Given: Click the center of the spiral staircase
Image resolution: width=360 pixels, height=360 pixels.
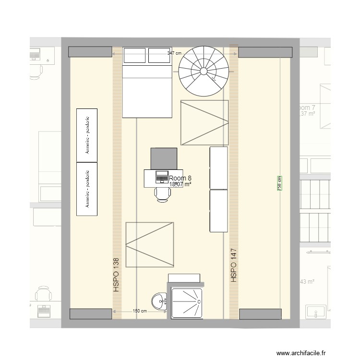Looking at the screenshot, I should coord(204,72).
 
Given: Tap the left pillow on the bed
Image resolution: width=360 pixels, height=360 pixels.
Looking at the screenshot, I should coord(135,56).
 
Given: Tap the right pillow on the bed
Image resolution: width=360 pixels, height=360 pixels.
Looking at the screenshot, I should coord(159,56).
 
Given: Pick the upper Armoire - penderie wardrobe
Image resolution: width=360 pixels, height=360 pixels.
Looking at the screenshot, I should coord(87,134).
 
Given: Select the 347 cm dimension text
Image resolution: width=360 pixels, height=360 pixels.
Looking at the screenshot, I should coord(174,54).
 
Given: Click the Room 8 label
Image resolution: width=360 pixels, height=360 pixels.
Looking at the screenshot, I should coord(180,177).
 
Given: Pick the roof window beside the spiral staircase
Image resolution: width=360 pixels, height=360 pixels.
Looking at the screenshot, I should coord(204,122).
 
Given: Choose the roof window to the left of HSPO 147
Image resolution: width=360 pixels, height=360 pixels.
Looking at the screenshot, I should coord(150,244).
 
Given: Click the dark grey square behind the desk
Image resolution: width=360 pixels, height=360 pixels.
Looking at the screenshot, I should coord(164,159).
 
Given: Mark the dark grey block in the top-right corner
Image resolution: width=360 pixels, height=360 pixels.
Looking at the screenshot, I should coord(265,52).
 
